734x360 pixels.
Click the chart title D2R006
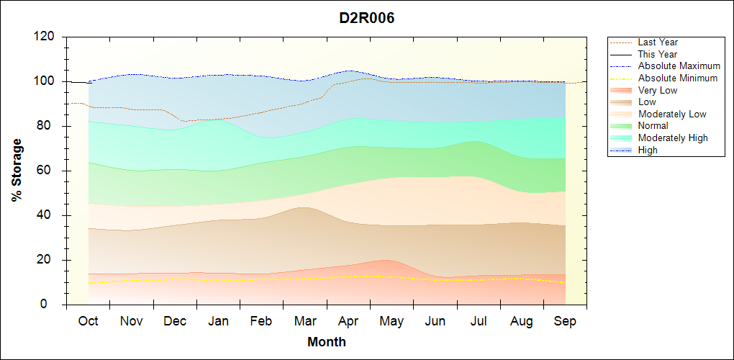[x=367, y=18]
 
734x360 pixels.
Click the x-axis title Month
[x=327, y=342]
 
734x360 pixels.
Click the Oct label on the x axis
[x=88, y=321]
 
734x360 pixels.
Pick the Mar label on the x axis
[x=305, y=321]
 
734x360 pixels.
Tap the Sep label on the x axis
[x=565, y=321]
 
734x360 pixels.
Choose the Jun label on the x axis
[x=435, y=321]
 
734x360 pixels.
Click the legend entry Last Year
[x=658, y=42]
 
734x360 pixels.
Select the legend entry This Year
[x=658, y=54]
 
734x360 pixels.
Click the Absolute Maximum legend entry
[x=679, y=66]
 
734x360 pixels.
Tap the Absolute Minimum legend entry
[x=678, y=78]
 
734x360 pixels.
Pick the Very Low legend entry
[x=658, y=90]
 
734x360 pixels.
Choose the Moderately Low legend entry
[x=672, y=114]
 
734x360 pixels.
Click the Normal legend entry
[x=653, y=126]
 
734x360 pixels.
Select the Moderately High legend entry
[x=673, y=138]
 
